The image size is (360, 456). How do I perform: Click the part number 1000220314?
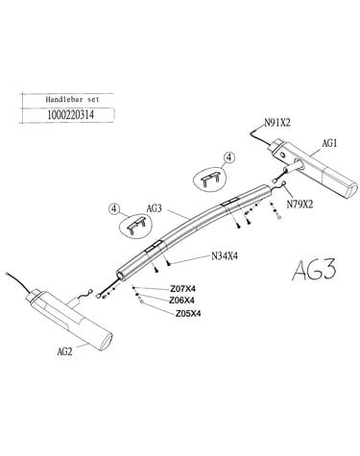(71, 114)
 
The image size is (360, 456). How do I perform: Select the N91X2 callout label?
(277, 123)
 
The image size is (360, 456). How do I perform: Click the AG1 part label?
(329, 143)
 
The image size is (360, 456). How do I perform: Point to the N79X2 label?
(300, 204)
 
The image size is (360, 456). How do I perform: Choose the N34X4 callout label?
(225, 256)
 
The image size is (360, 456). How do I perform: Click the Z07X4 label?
(182, 289)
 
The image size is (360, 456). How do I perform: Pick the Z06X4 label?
(181, 300)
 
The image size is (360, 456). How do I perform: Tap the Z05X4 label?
(188, 314)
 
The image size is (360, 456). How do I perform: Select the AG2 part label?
(64, 351)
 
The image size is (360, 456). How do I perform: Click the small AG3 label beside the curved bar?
(155, 208)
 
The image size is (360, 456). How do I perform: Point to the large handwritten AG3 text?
(314, 270)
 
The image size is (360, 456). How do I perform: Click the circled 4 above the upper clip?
(229, 157)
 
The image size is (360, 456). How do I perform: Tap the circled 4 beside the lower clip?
(114, 209)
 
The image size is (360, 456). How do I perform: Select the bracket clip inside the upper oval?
(211, 179)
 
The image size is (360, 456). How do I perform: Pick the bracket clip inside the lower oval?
(136, 226)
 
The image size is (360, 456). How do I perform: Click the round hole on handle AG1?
(283, 156)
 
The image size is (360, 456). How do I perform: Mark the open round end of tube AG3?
(120, 276)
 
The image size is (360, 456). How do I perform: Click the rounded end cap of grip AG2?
(107, 342)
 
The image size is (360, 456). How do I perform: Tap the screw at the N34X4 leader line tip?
(168, 263)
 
